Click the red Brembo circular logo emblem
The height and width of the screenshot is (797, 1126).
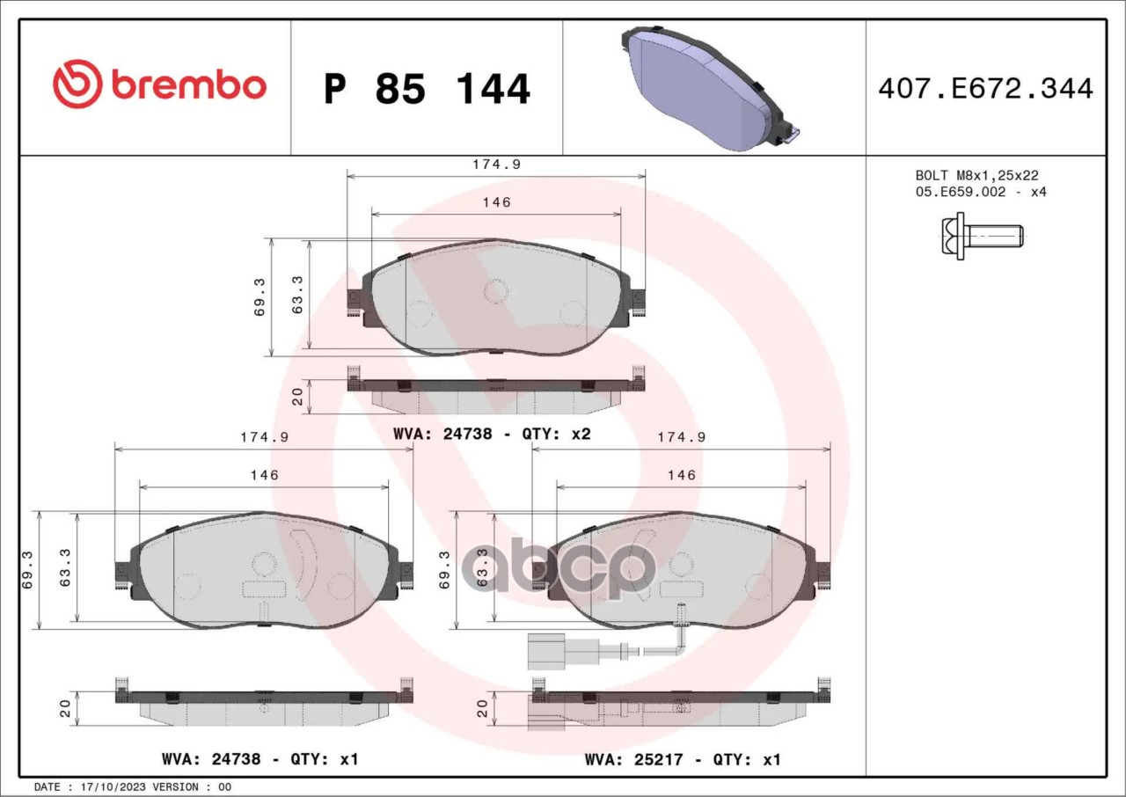pos(77,84)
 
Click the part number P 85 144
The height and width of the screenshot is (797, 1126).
pos(427,89)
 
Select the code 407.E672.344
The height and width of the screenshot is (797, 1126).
pos(986,89)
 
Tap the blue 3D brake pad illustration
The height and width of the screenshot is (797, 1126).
pos(710,87)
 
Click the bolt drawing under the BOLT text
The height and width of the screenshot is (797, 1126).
pos(982,236)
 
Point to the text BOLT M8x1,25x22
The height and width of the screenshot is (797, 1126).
pos(976,175)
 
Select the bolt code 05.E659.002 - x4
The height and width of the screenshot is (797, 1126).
pos(981,192)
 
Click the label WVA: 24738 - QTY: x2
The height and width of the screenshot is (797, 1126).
pos(492,434)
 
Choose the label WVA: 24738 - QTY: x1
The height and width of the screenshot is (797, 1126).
pos(260,759)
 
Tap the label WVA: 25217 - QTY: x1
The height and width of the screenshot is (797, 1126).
pos(683,759)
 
